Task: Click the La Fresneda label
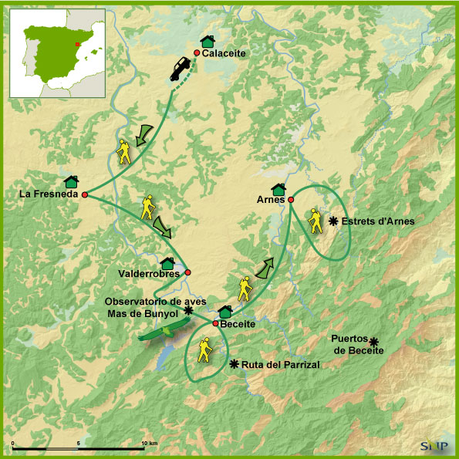[48, 194]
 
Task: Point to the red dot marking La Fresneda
[85, 194]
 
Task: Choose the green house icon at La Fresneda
[72, 181]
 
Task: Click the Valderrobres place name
[150, 273]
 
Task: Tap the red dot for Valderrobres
[187, 272]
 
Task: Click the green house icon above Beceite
[225, 312]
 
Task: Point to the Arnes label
[270, 199]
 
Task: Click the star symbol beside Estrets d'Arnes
[333, 221]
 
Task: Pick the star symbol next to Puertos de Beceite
[373, 342]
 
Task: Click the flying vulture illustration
[161, 332]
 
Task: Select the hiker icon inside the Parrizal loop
[205, 351]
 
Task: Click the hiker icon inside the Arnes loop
[314, 221]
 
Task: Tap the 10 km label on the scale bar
[150, 443]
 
